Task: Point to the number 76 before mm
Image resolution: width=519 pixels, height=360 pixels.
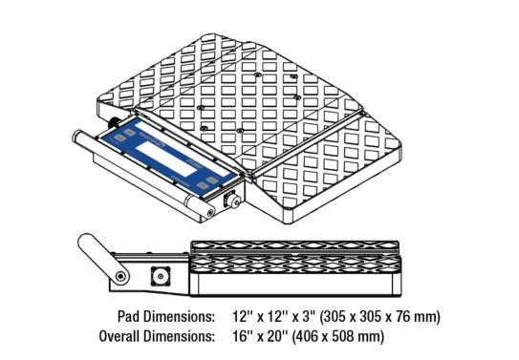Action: (x=406, y=317)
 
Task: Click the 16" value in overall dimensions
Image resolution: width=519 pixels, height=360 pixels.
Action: (x=242, y=336)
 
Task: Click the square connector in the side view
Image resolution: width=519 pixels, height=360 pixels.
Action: (x=161, y=276)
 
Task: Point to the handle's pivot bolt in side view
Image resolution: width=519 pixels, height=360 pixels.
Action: (x=120, y=276)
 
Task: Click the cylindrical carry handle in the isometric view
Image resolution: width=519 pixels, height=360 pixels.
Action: (x=142, y=172)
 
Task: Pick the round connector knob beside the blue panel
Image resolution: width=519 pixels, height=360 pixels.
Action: (x=232, y=201)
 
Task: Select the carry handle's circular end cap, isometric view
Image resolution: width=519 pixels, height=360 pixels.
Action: (x=209, y=212)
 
